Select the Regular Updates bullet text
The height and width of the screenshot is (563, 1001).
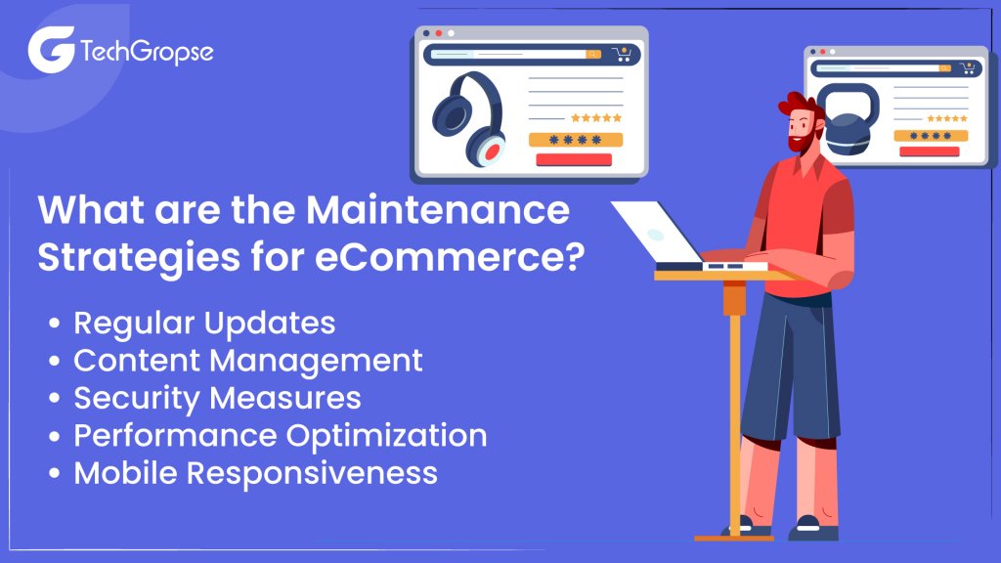click(x=204, y=323)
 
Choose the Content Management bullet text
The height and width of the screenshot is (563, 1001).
click(x=248, y=361)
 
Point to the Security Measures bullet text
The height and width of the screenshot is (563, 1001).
click(x=217, y=398)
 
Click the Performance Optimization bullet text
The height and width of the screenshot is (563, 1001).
click(x=281, y=436)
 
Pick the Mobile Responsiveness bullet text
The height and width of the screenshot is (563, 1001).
click(x=255, y=473)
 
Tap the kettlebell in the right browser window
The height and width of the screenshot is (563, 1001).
click(x=848, y=119)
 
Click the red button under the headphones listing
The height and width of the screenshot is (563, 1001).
click(x=574, y=159)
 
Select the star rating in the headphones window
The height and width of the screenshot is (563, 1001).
click(x=596, y=118)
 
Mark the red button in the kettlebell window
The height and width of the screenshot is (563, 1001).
click(x=929, y=152)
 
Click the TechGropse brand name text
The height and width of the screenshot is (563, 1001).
click(x=147, y=51)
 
